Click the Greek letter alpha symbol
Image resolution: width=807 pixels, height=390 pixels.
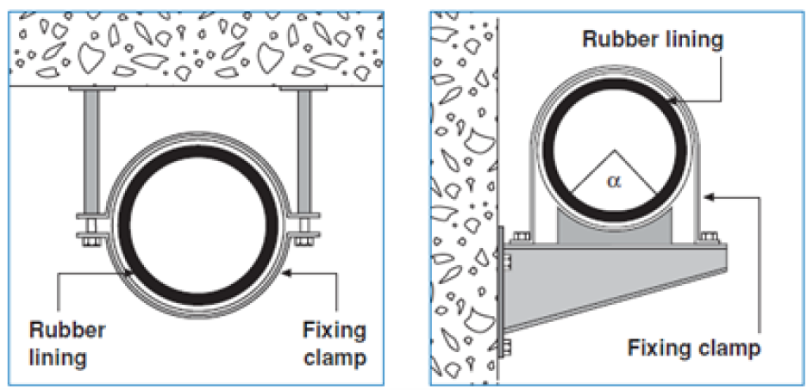(x=612, y=182)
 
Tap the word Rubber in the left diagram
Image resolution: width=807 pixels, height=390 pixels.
(x=67, y=330)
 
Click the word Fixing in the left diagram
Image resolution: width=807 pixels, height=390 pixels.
(x=334, y=330)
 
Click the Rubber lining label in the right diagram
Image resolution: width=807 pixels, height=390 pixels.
(x=653, y=39)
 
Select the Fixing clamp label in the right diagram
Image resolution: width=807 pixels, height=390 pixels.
(x=694, y=349)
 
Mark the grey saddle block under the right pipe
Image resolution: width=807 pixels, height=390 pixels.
(x=615, y=227)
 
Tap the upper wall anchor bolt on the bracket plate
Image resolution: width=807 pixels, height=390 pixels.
(x=505, y=262)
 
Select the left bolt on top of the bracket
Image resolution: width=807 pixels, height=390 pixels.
(x=522, y=237)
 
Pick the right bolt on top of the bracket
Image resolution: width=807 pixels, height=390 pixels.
(x=710, y=237)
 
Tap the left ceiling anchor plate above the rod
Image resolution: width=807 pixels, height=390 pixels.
(x=91, y=89)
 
